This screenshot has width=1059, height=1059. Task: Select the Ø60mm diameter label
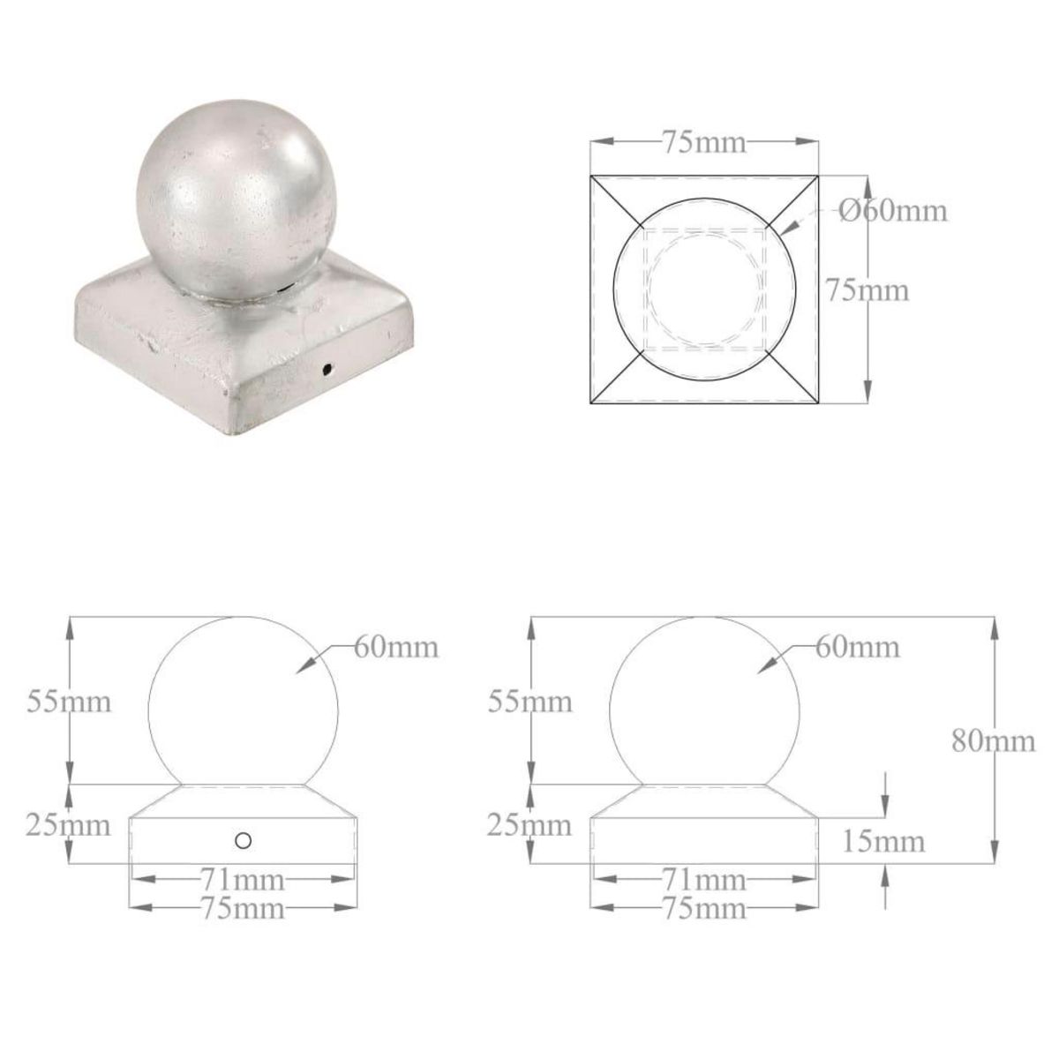[891, 211]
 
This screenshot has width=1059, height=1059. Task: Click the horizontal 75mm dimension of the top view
[704, 142]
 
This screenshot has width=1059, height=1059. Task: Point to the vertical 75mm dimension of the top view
[867, 289]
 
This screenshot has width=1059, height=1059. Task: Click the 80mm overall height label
[994, 740]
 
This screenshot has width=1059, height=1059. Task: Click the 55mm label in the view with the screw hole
[68, 702]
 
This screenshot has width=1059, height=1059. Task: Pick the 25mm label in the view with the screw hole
[68, 826]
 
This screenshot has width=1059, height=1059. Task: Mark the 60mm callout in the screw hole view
[396, 647]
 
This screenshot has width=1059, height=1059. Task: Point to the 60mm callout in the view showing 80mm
[857, 647]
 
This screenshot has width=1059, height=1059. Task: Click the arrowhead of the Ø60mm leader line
[784, 231]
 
